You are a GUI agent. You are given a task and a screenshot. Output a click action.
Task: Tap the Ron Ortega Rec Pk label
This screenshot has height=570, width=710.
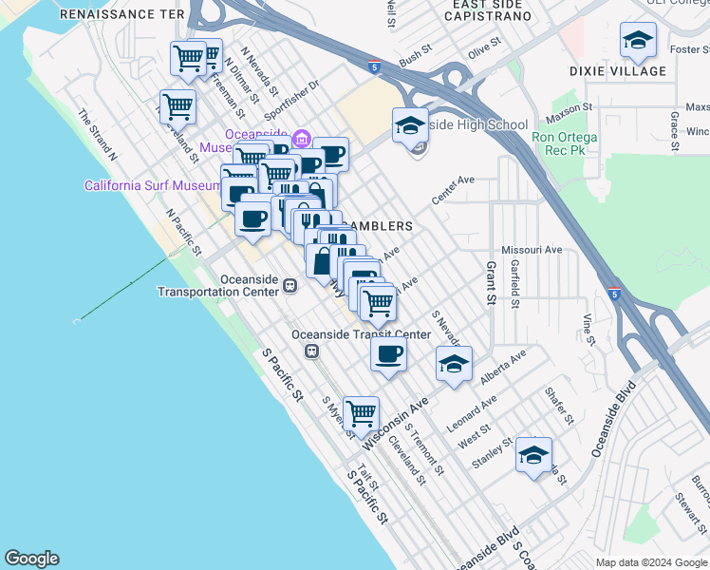point(565,144)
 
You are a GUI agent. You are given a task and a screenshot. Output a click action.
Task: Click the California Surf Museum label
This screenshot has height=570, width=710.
point(140,185)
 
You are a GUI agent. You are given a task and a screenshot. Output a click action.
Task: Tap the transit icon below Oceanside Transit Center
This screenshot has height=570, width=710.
point(310,351)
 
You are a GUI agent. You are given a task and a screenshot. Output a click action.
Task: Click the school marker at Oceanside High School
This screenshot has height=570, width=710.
point(410,126)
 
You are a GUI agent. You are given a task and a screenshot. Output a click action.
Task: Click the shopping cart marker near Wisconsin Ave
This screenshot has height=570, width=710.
point(361,414)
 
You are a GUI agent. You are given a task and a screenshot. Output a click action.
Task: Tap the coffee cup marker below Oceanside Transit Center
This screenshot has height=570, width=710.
point(387,355)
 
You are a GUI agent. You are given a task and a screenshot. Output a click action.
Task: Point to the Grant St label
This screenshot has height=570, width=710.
point(492,283)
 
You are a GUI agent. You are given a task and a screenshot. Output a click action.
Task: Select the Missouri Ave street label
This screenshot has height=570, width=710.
point(532,250)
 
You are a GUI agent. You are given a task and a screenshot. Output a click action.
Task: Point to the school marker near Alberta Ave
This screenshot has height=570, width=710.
point(454,365)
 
